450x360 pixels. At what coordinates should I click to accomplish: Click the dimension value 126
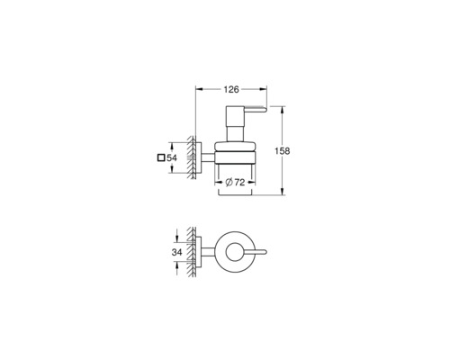tap(231, 89)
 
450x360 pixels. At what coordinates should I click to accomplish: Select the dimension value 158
tap(283, 151)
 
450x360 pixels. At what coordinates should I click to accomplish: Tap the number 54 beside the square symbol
tap(172, 157)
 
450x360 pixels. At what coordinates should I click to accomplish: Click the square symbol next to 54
tap(161, 157)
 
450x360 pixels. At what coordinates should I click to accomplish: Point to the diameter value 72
tap(239, 182)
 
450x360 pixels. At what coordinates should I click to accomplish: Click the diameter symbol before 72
tap(229, 182)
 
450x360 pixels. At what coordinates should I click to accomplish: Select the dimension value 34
tap(176, 252)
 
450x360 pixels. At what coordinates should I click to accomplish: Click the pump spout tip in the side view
tap(265, 111)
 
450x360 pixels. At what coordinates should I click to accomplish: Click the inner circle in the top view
tap(235, 243)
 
